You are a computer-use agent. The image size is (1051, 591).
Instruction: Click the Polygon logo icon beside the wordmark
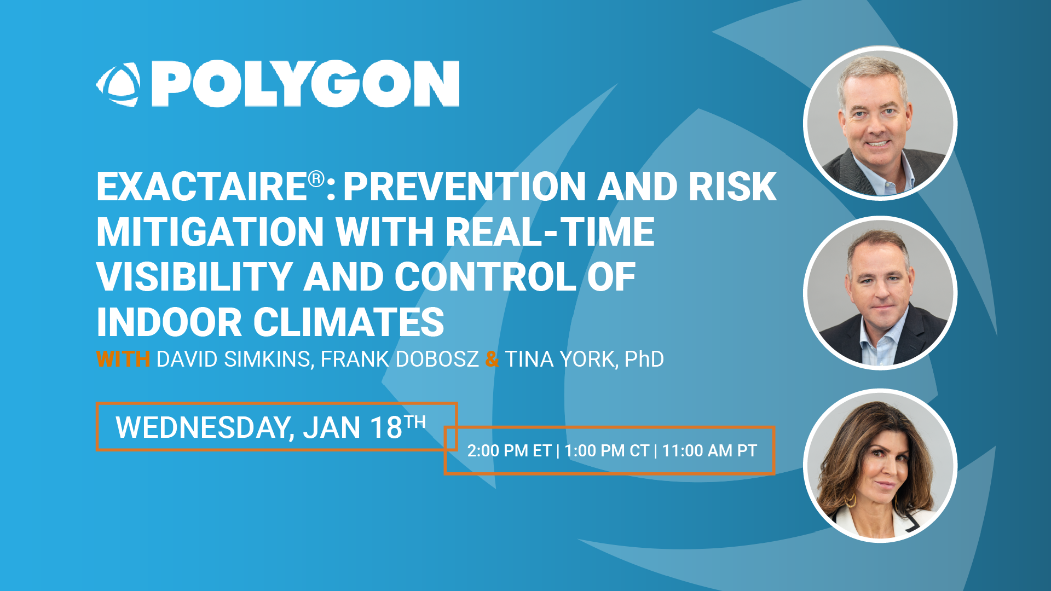(x=118, y=84)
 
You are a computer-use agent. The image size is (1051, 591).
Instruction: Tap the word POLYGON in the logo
(x=305, y=84)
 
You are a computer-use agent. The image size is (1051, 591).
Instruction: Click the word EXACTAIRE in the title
(x=201, y=187)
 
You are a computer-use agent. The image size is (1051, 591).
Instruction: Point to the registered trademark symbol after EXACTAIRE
(x=316, y=178)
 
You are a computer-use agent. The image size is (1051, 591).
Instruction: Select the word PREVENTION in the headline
(x=465, y=187)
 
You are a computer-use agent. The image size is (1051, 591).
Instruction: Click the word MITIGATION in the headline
(x=211, y=232)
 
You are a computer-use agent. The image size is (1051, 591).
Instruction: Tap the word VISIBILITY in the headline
(x=194, y=277)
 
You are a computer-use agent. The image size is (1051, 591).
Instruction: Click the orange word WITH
(x=123, y=360)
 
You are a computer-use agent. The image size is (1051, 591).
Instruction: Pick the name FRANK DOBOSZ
(x=400, y=360)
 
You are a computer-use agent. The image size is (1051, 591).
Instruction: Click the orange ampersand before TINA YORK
(x=492, y=360)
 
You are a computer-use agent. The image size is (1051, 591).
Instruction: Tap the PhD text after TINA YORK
(x=644, y=360)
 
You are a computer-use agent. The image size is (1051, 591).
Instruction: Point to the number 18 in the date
(x=386, y=428)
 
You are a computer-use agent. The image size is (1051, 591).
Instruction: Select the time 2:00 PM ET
(x=509, y=451)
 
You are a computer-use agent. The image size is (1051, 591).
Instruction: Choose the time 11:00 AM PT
(x=709, y=451)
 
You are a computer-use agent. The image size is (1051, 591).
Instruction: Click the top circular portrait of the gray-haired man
(x=880, y=123)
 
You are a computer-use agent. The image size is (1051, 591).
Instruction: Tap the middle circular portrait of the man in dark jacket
(x=880, y=293)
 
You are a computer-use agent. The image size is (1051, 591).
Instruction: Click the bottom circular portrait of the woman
(x=880, y=466)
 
